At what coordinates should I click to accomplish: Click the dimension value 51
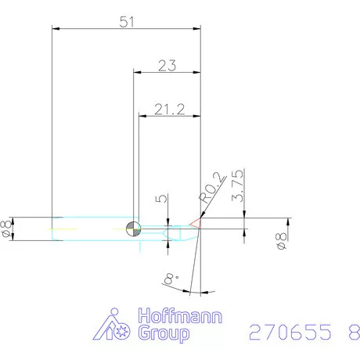pyautogui.click(x=124, y=21)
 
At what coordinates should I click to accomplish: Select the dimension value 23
pyautogui.click(x=166, y=66)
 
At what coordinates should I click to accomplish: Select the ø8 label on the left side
pyautogui.click(x=9, y=228)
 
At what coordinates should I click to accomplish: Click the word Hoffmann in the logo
pyautogui.click(x=180, y=317)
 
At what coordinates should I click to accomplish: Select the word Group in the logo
pyautogui.click(x=164, y=334)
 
